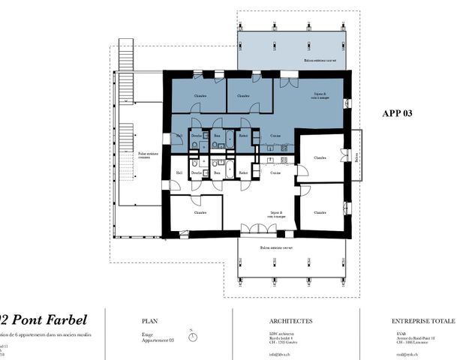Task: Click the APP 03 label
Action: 398,113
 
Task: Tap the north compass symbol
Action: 193,336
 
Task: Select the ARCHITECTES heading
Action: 269,320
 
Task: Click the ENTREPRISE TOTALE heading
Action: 423,320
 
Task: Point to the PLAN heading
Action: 150,320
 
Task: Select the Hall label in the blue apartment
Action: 179,136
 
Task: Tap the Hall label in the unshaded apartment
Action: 179,173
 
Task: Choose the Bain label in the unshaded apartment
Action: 218,173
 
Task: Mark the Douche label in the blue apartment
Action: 196,136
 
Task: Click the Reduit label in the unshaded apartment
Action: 244,173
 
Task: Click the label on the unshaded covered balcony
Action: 276,247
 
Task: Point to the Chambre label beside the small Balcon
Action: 320,158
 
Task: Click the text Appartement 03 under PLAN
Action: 158,340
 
